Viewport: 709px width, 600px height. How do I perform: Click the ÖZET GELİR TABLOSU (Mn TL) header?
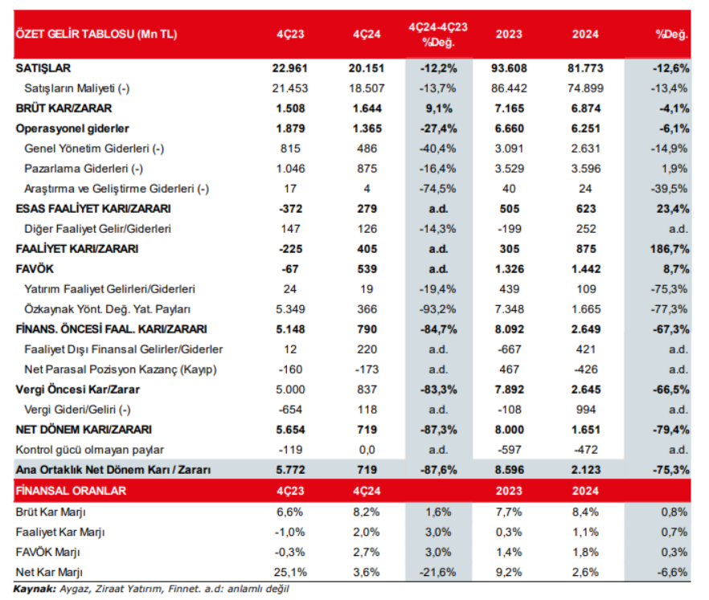click(96, 35)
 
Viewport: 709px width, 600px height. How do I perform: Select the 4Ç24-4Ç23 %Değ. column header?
click(438, 34)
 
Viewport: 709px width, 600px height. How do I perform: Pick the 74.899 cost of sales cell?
click(584, 88)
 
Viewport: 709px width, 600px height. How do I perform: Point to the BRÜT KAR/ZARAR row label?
click(64, 108)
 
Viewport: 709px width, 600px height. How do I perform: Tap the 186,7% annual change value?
click(668, 248)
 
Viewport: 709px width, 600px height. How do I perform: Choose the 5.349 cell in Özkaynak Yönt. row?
click(290, 308)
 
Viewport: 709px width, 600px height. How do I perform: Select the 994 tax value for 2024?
click(584, 409)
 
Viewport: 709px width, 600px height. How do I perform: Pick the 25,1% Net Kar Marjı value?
click(290, 572)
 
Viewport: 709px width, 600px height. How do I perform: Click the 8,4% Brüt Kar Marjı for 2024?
click(584, 512)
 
